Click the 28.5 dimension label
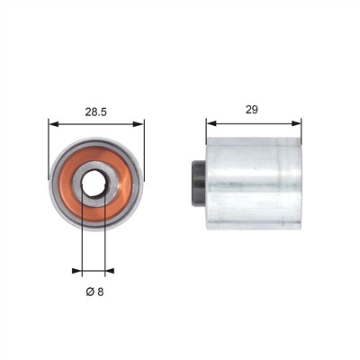[x=96, y=112]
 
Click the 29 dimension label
[x=252, y=110]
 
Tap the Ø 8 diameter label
[x=94, y=292]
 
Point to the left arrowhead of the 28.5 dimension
[x=53, y=124]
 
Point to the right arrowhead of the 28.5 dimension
[x=139, y=124]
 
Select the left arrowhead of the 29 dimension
[x=211, y=123]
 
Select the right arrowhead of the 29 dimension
[x=296, y=123]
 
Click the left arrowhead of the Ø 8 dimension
[x=77, y=271]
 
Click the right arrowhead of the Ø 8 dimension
[x=110, y=271]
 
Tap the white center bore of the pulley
[x=94, y=184]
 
